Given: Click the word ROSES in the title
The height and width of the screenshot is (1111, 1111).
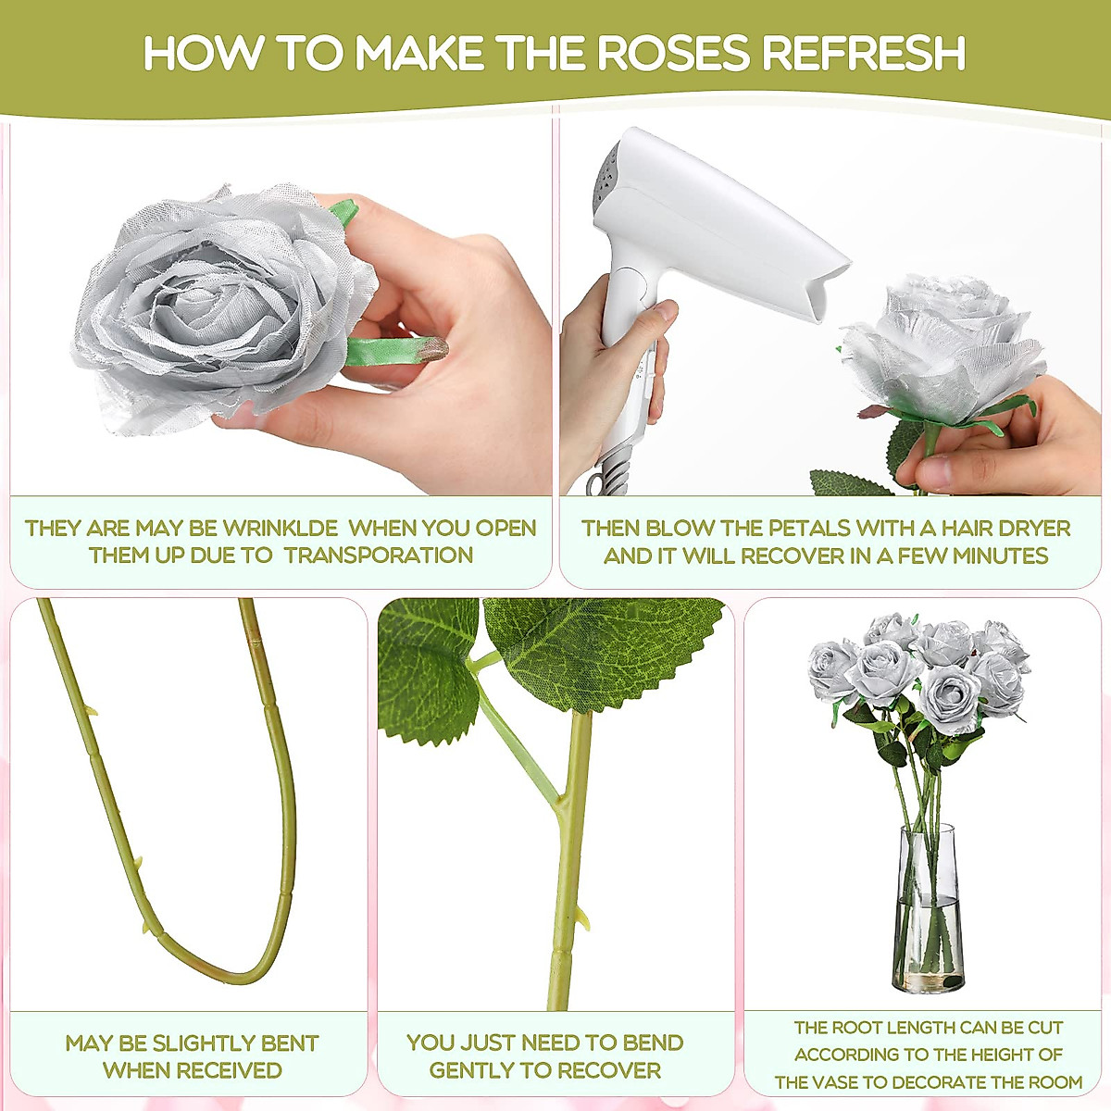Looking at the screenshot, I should pyautogui.click(x=675, y=53).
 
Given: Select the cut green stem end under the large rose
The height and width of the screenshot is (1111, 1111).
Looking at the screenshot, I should pyautogui.click(x=431, y=349).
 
